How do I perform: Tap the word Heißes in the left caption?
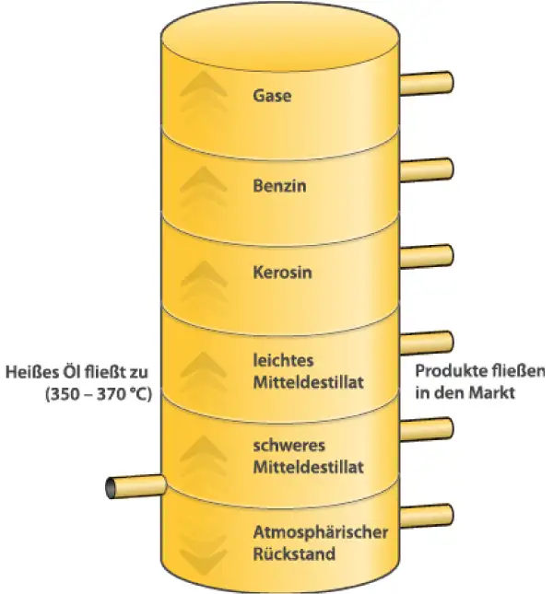[x=29, y=372]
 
